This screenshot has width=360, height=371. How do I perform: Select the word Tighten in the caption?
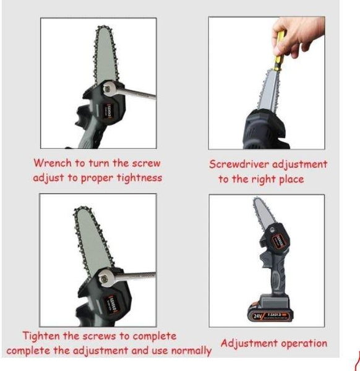(41, 336)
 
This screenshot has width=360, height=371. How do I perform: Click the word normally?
(191, 351)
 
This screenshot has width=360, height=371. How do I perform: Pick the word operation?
(304, 344)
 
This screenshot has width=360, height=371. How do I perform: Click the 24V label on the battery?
(257, 316)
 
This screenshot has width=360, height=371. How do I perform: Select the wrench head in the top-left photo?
(108, 88)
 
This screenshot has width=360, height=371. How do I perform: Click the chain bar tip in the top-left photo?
(103, 28)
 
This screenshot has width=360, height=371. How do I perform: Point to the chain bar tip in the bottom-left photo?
(82, 209)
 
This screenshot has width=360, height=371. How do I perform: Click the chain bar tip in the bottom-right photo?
(256, 199)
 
